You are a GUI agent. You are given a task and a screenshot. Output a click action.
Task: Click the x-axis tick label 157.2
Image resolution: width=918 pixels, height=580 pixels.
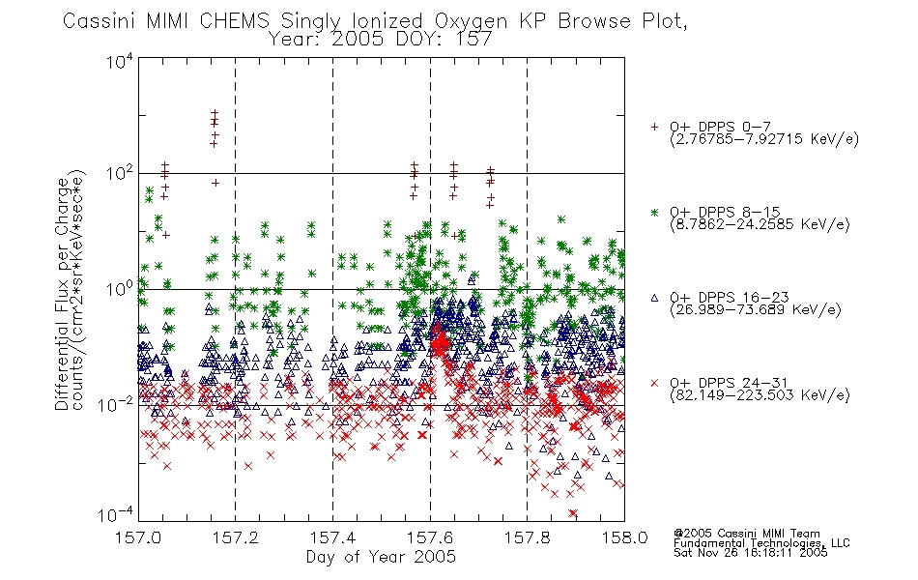click(x=236, y=537)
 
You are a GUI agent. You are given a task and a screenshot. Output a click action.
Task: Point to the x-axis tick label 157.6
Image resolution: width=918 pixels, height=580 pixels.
click(x=430, y=537)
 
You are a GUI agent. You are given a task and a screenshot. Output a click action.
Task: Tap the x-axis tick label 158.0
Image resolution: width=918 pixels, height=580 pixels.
click(x=624, y=537)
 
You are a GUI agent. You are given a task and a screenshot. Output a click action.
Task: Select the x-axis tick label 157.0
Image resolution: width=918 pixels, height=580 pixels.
click(x=138, y=537)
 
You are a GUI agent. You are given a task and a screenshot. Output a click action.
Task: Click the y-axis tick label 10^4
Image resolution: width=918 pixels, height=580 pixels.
click(x=120, y=61)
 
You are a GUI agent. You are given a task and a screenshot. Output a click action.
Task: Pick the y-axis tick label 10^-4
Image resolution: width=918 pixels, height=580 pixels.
click(x=115, y=514)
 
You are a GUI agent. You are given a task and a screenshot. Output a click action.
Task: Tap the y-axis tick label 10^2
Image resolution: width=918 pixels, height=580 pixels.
click(x=120, y=173)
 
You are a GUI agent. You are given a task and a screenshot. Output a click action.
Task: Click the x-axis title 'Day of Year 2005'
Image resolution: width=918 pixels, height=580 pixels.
click(x=381, y=557)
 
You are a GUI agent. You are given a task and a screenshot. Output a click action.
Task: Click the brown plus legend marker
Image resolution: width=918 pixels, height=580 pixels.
click(x=654, y=126)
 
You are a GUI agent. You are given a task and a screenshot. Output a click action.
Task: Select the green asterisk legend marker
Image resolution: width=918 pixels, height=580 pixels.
click(x=654, y=212)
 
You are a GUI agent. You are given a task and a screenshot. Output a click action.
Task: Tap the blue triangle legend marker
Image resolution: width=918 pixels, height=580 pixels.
click(x=654, y=298)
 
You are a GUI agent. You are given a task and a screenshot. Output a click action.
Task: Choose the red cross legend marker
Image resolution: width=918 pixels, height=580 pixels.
click(x=654, y=383)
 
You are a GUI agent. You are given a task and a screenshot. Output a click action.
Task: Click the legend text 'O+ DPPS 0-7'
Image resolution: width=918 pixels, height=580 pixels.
click(x=721, y=127)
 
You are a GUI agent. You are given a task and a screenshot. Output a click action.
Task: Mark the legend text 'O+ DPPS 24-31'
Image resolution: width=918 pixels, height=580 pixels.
click(x=730, y=383)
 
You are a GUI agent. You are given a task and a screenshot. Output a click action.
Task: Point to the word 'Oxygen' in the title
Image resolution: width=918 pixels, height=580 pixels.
click(x=472, y=21)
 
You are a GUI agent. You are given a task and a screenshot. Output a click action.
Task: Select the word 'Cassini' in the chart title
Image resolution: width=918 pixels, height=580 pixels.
click(x=100, y=21)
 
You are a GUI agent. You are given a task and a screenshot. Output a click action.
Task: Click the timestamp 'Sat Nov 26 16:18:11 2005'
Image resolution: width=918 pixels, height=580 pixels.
click(x=751, y=553)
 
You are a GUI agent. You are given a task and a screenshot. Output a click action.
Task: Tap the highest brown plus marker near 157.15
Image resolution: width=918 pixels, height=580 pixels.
click(x=215, y=112)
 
